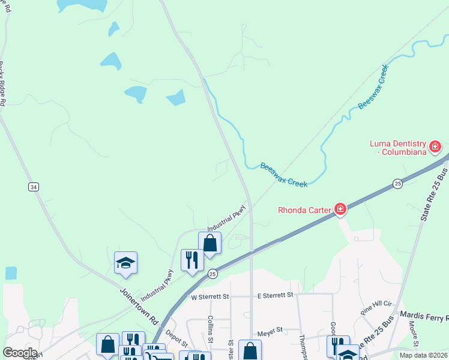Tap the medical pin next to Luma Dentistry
coord(435,146)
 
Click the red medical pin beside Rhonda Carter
coord(340,209)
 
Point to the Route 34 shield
coord(34,187)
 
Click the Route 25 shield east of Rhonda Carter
coord(397,183)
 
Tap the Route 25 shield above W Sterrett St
coord(212,274)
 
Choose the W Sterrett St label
coord(210,296)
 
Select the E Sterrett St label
coord(275,295)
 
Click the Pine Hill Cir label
coord(376,308)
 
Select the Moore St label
coord(414,331)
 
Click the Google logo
coord(20,352)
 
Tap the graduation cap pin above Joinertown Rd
coord(126,263)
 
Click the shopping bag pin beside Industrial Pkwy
coord(209,244)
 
